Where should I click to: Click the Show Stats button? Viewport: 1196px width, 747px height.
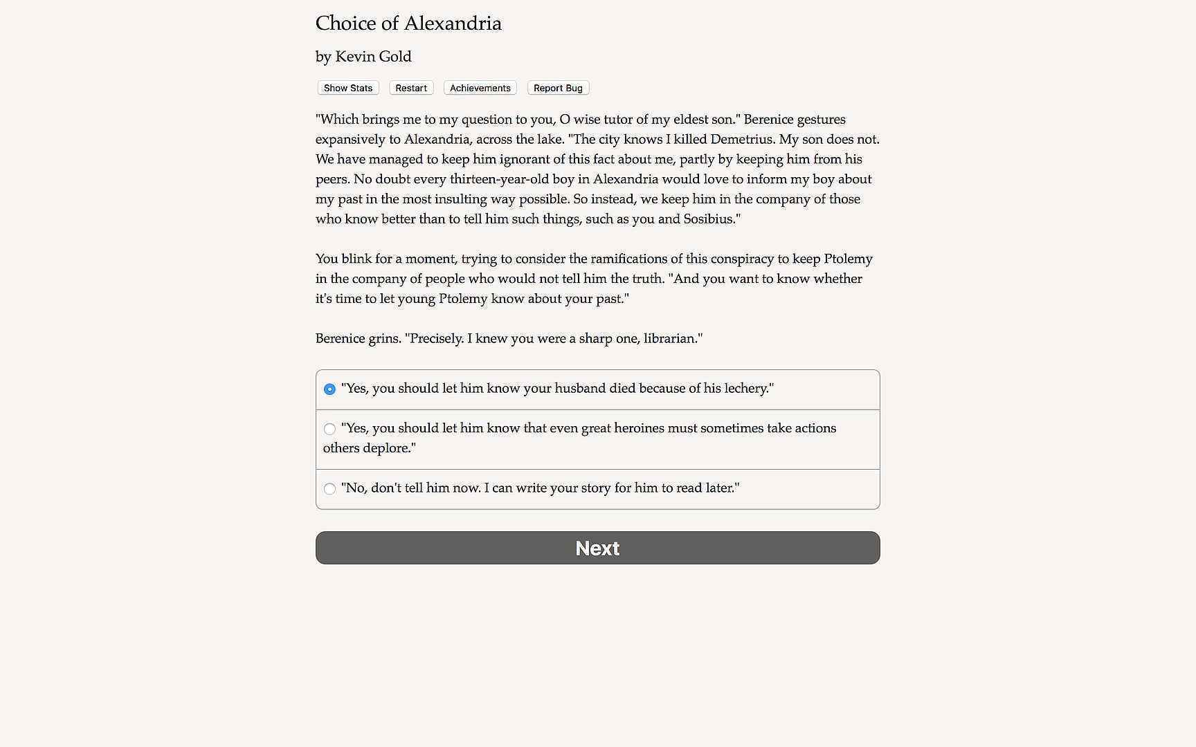(348, 88)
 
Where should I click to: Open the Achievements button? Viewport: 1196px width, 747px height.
(480, 88)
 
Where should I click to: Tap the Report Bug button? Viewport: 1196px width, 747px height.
(558, 88)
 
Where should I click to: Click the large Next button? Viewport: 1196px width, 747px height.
(597, 548)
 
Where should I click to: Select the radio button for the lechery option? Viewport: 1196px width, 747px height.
(330, 389)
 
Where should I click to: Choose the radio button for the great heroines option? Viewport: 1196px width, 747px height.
(330, 430)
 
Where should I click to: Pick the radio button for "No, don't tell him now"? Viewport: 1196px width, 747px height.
(330, 489)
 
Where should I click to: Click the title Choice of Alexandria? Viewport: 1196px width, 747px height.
(408, 24)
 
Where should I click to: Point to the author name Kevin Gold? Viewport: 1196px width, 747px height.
(373, 57)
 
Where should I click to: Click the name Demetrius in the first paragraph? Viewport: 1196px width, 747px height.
(743, 140)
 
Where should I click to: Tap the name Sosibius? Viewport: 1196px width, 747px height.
(709, 219)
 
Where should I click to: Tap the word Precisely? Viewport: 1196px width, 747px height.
(436, 339)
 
